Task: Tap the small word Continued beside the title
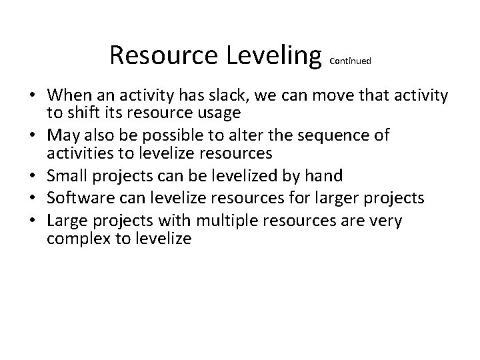click(x=351, y=61)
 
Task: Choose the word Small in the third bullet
click(x=68, y=177)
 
